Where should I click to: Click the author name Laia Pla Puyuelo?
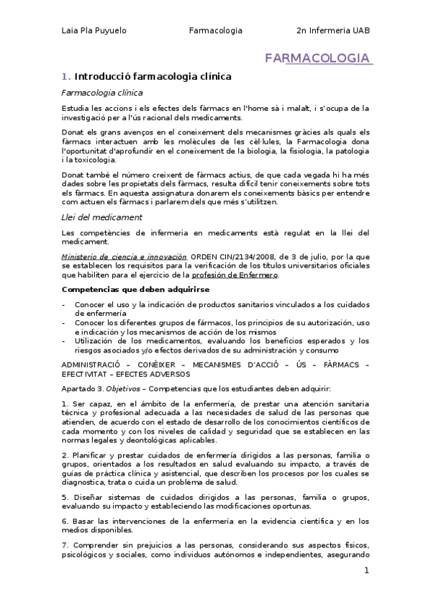(94, 31)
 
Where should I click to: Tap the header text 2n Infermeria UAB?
(332, 31)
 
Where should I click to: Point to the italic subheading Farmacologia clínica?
(101, 93)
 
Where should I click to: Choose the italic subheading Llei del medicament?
(101, 217)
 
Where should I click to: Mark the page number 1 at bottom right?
(366, 570)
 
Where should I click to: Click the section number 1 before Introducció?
(65, 76)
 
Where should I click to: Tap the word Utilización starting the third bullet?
(96, 341)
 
